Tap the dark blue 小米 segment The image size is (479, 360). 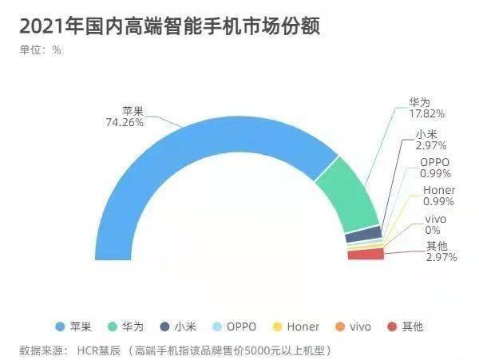pyautogui.click(x=363, y=234)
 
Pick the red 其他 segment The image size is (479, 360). pyautogui.click(x=366, y=254)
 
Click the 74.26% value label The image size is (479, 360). pyautogui.click(x=125, y=122)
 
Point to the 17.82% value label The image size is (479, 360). pyautogui.click(x=427, y=114)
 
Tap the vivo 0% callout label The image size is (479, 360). pyautogui.click(x=435, y=224)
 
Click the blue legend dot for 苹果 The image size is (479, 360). pyautogui.click(x=60, y=326)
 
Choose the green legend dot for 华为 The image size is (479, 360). pyautogui.click(x=113, y=326)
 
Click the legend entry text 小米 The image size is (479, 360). pyautogui.click(x=185, y=326)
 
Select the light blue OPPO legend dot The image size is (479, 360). pyautogui.click(x=217, y=326)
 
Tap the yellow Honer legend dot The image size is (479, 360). pyautogui.click(x=277, y=326)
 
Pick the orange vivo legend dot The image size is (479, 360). pyautogui.click(x=340, y=326)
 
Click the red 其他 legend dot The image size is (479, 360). pyautogui.click(x=392, y=326)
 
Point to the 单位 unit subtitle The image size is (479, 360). pyautogui.click(x=30, y=49)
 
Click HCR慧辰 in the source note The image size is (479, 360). pyautogui.click(x=99, y=351)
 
